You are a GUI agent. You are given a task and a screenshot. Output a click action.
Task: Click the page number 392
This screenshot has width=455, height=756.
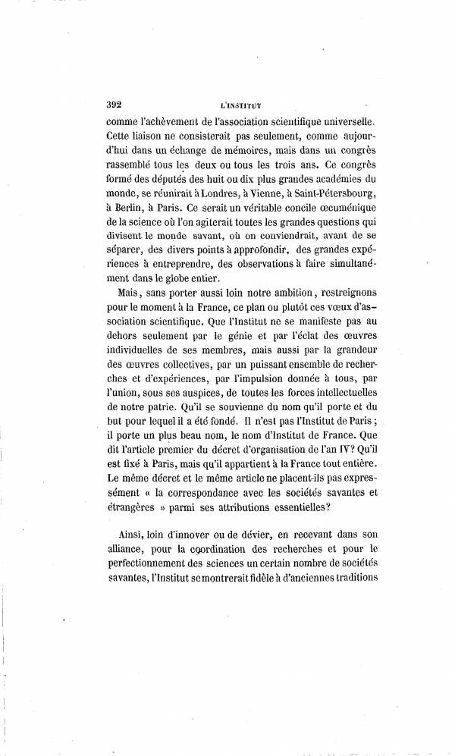pyautogui.click(x=119, y=105)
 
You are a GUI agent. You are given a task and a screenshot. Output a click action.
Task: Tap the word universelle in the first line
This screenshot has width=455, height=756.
pyautogui.click(x=350, y=121)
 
